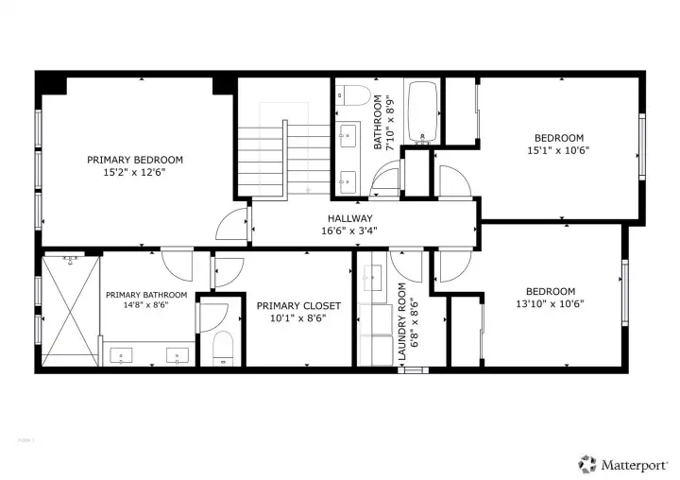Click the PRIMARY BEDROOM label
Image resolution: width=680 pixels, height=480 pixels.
135,160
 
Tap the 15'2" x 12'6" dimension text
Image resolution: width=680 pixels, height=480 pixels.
135,173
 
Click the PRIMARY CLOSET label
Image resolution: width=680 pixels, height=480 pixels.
292,305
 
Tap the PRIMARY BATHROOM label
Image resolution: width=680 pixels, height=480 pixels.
146,295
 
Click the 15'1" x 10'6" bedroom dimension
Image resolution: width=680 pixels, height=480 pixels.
558,150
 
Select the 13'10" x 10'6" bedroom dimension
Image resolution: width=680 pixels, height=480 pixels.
550,303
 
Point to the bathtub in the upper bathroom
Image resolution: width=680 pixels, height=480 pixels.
422,111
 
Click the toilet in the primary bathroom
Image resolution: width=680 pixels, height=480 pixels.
222,349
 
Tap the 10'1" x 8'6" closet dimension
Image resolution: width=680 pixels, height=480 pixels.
292,318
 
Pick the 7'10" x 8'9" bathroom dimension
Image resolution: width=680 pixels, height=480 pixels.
390,122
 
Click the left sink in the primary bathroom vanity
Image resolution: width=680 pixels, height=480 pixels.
123,356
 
